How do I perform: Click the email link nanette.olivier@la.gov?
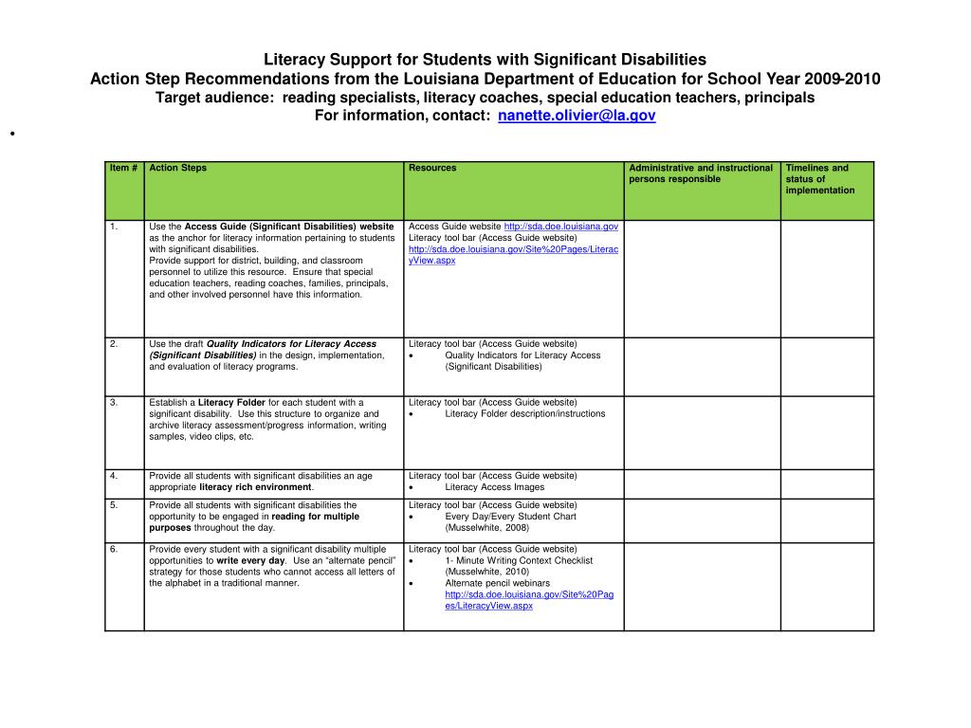tap(577, 116)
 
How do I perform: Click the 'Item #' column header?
tap(123, 169)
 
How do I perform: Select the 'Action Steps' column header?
tap(178, 169)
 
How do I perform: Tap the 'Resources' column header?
tap(432, 169)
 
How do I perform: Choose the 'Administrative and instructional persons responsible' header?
tap(701, 173)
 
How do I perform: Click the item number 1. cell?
tap(114, 227)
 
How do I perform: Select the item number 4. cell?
tap(114, 476)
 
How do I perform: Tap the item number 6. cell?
tap(114, 550)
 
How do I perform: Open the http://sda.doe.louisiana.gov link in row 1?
tap(560, 227)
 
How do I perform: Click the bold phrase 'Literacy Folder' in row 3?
tap(231, 403)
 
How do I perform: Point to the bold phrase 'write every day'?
tap(250, 561)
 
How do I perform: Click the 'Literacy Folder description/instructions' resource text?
tap(524, 414)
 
